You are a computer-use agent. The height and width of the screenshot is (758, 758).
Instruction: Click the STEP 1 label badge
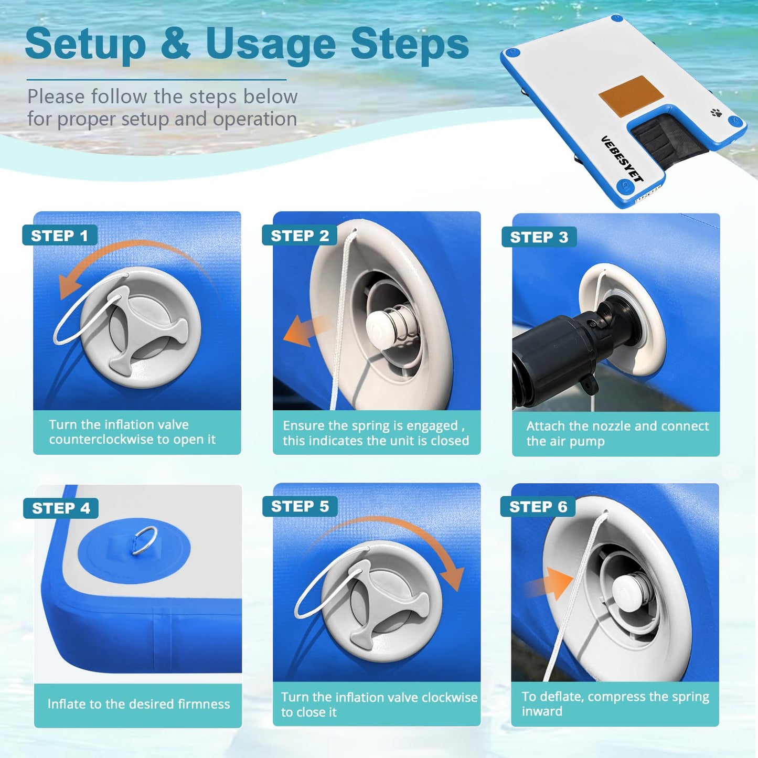[x=60, y=235]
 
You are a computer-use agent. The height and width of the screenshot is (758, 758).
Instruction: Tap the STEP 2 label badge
[x=300, y=235]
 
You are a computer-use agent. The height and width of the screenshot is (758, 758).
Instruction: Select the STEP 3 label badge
[x=539, y=237]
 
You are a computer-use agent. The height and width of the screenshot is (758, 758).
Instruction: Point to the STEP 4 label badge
[x=61, y=508]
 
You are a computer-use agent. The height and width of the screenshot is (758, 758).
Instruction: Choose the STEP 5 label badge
[x=300, y=506]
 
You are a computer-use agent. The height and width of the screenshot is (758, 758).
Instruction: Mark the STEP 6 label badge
[x=538, y=507]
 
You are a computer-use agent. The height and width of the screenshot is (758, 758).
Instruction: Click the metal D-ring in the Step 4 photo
[x=144, y=541]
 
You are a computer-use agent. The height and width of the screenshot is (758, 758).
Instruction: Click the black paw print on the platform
[x=717, y=113]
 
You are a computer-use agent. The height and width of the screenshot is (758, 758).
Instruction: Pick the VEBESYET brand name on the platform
[x=623, y=159]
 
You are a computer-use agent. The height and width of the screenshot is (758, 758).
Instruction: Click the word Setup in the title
[x=85, y=45]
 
